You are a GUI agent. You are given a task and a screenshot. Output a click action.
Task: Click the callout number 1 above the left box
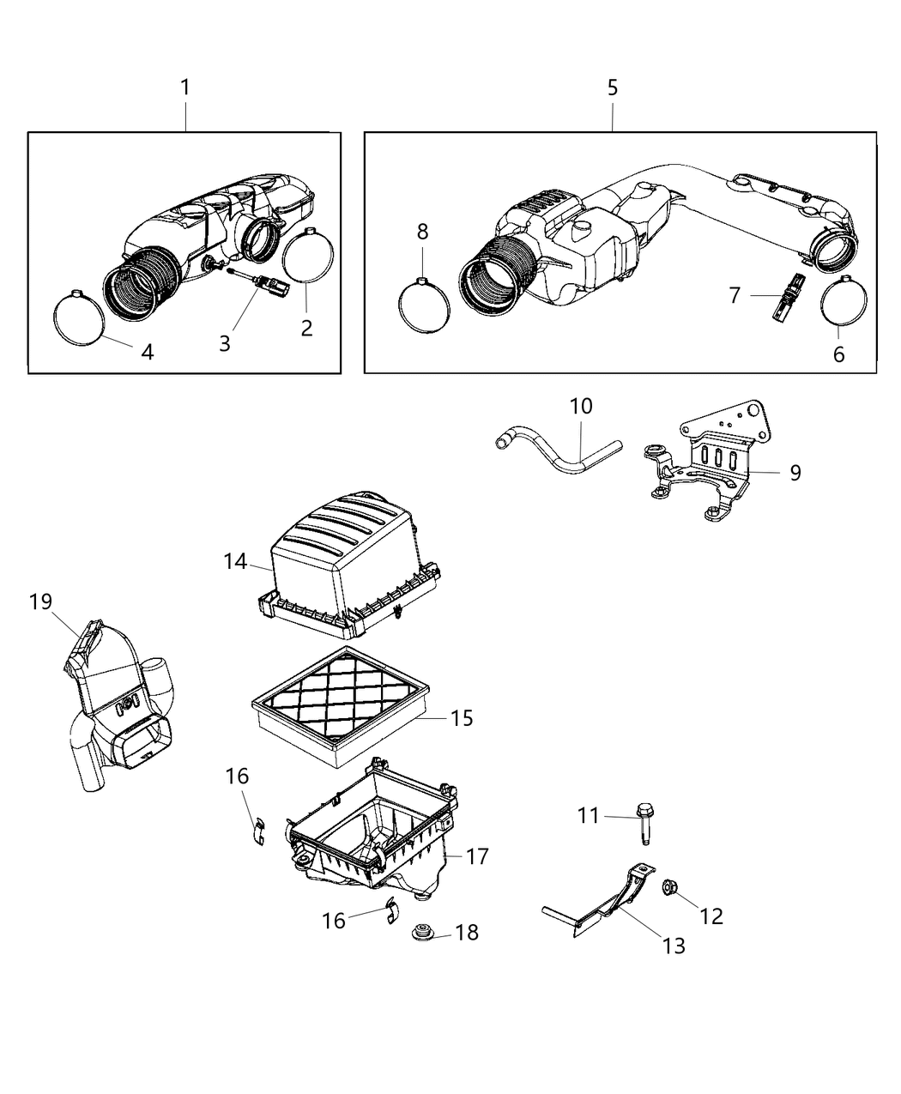click(x=184, y=87)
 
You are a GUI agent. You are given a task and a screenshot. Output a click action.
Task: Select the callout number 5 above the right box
click(x=612, y=87)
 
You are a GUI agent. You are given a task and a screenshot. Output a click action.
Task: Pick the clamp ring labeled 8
click(x=424, y=304)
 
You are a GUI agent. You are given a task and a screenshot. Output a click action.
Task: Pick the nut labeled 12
click(x=670, y=890)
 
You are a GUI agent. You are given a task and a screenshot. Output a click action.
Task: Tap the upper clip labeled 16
click(x=258, y=831)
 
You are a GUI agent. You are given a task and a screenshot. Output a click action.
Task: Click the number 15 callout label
click(x=462, y=717)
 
